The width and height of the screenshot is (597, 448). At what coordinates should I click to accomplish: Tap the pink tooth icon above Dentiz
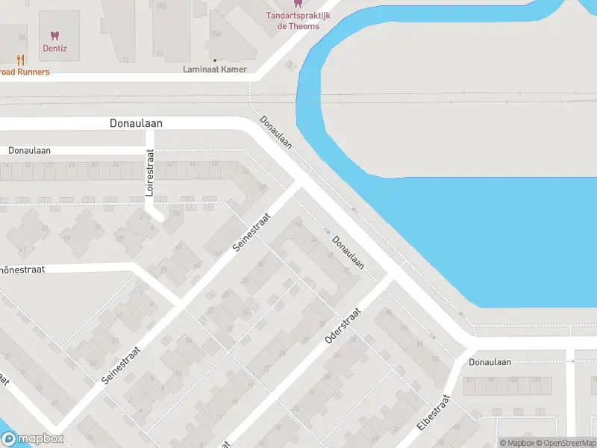point(54,34)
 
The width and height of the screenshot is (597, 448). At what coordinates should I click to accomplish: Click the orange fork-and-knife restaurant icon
point(21,60)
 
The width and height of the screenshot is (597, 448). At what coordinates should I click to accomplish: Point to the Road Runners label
point(24,72)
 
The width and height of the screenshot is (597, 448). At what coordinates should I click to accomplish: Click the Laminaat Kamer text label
point(215,69)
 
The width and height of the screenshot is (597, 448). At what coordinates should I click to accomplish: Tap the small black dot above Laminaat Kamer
point(215,60)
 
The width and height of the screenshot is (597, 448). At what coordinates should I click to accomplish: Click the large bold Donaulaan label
point(136,123)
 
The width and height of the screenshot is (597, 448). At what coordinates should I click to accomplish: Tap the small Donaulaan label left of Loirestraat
point(29,150)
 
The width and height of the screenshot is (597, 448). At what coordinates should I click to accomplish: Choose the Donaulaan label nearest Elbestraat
point(490,362)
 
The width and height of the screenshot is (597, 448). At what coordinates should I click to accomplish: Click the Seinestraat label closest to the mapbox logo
point(121,361)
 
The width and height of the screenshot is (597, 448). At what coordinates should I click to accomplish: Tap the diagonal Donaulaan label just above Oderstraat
point(348,252)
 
